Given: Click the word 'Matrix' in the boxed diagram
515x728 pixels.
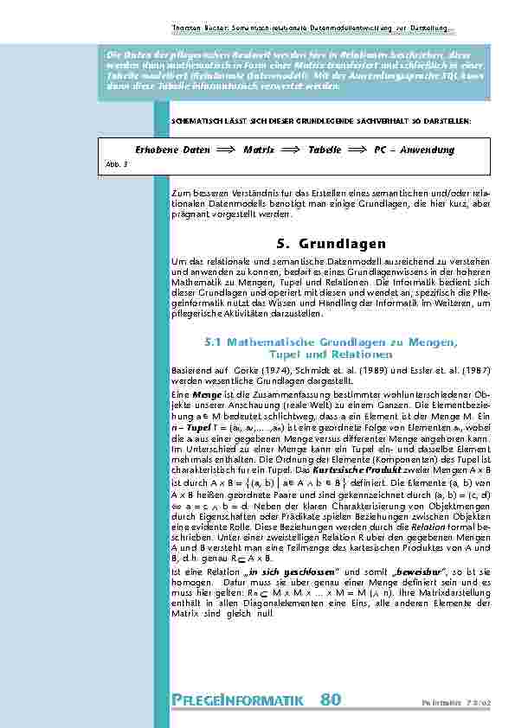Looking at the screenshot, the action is tap(259, 150).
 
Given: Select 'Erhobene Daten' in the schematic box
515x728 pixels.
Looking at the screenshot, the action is tap(174, 150).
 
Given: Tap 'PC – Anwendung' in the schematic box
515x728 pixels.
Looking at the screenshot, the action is tap(414, 150).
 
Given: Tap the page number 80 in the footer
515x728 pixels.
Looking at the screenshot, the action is tap(331, 699).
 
